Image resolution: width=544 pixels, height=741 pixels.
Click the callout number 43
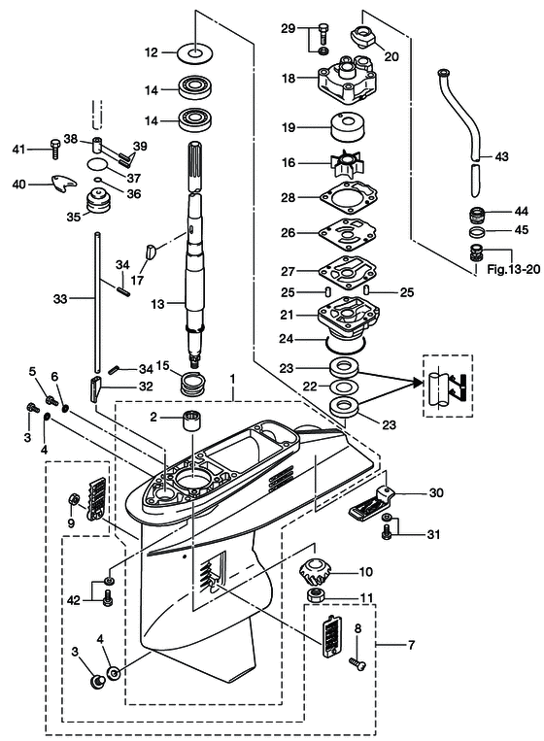click(500, 155)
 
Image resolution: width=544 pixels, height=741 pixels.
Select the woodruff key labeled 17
click(151, 253)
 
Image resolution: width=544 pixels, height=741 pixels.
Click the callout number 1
click(232, 375)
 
